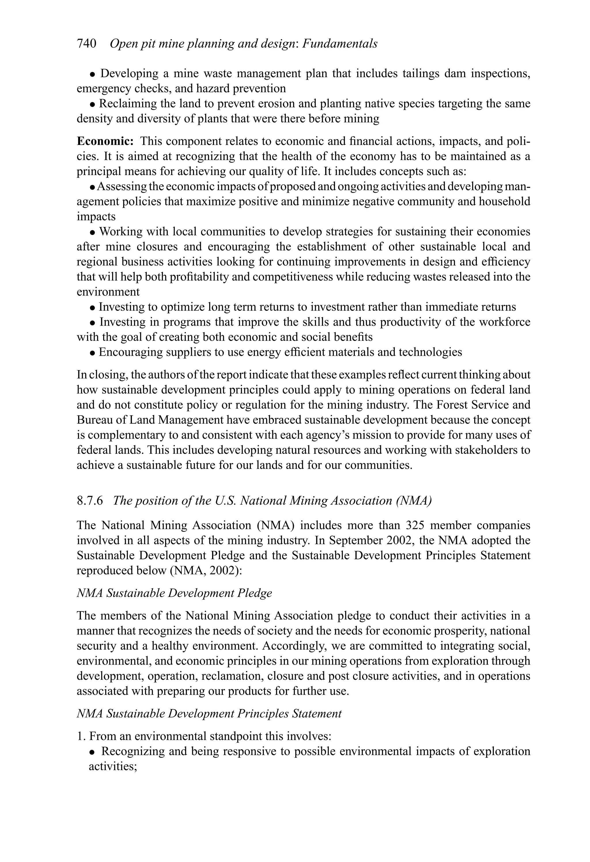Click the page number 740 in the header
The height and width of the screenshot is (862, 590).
click(86, 44)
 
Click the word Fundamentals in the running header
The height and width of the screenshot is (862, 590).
click(340, 44)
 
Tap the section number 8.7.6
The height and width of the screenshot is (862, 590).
click(89, 501)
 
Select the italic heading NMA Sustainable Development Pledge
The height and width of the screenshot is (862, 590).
click(174, 593)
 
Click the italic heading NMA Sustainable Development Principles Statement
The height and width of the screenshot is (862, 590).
click(209, 714)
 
